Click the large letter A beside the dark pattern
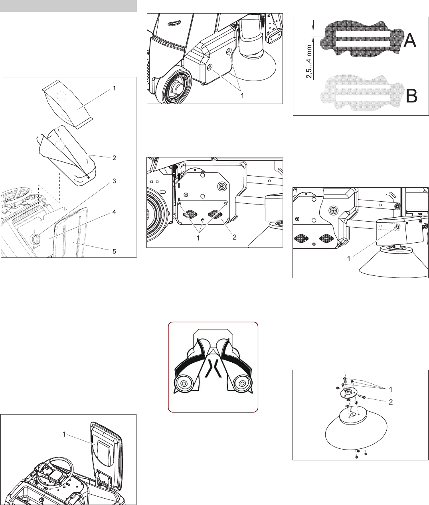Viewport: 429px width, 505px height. (410, 40)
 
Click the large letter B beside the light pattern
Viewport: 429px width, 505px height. (411, 96)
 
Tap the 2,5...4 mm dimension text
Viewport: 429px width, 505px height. (309, 61)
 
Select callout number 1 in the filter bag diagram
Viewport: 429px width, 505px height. (114, 88)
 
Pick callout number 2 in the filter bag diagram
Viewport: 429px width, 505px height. (114, 158)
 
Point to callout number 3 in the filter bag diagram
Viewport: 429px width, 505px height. (114, 181)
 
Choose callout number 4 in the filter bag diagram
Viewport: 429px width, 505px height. (114, 212)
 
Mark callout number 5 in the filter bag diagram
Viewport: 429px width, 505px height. (114, 251)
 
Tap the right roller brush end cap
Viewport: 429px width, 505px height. (242, 383)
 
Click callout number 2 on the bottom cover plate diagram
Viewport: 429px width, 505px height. (235, 237)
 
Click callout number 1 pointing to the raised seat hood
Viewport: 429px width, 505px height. (64, 434)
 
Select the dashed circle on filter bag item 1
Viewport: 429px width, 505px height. (61, 96)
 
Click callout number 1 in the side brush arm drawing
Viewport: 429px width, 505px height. (349, 259)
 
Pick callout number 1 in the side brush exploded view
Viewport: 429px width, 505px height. (391, 389)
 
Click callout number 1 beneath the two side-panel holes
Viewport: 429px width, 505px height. (242, 96)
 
